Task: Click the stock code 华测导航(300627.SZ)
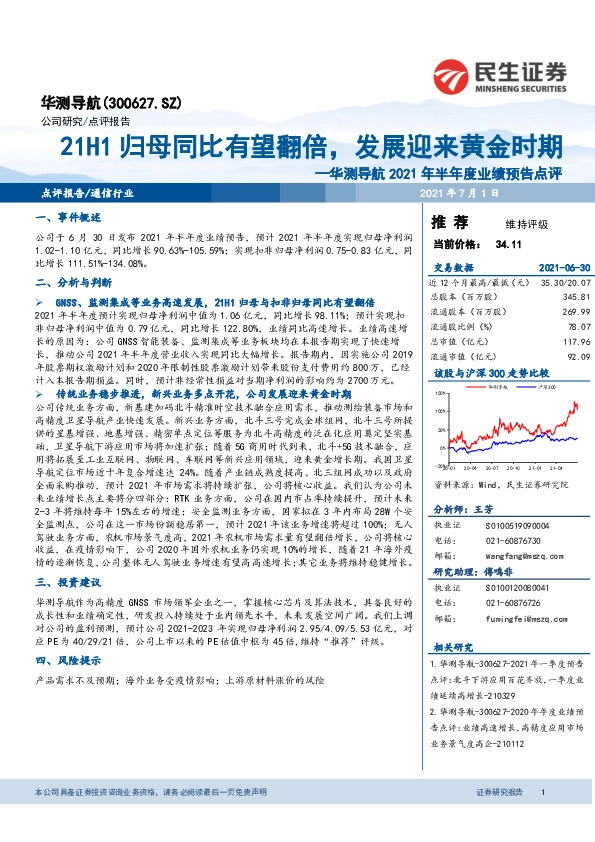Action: [97, 102]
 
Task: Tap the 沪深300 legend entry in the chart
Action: [523, 384]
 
